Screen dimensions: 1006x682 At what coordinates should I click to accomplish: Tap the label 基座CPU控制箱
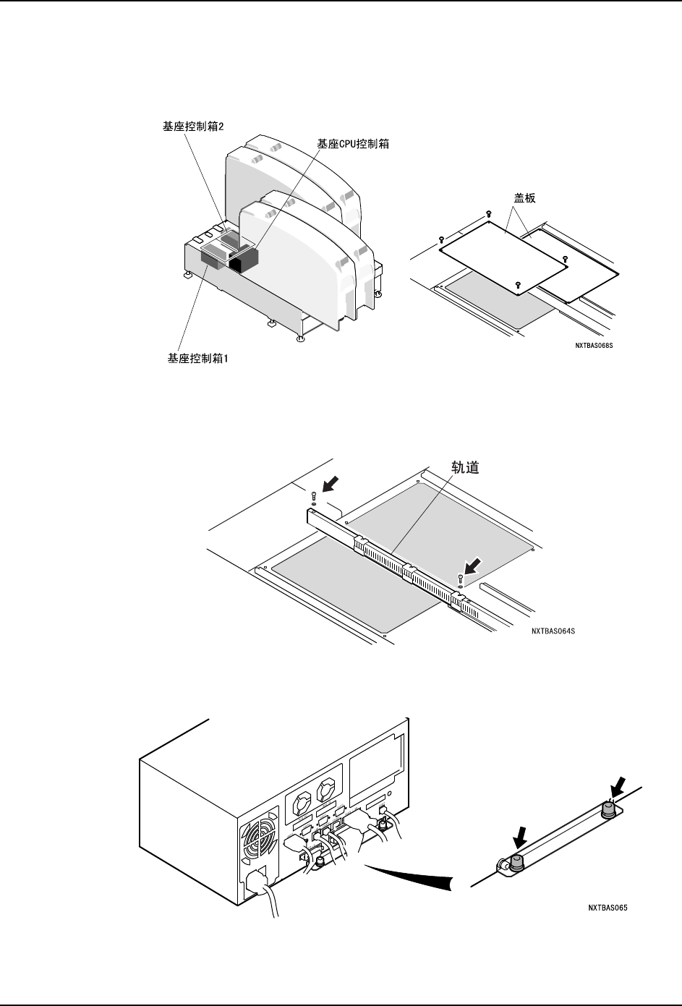(353, 144)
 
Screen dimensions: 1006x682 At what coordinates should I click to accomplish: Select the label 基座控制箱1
(192, 358)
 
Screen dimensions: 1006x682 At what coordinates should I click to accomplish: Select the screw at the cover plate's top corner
(488, 213)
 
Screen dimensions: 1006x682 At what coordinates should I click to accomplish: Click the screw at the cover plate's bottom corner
(518, 285)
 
